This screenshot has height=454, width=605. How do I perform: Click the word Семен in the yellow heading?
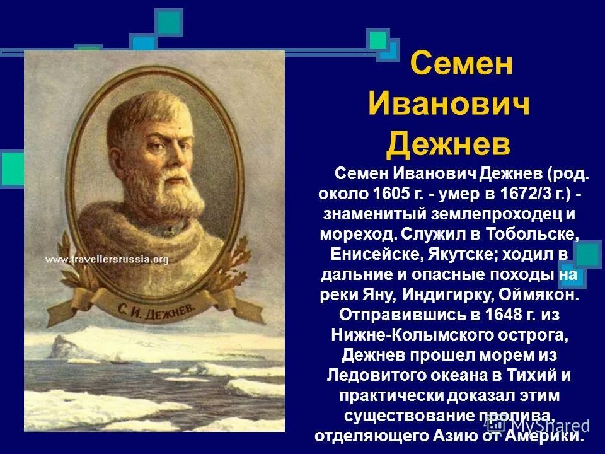point(461,64)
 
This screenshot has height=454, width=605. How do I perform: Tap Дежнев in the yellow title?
point(448,144)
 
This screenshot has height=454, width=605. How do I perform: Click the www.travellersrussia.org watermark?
point(107,259)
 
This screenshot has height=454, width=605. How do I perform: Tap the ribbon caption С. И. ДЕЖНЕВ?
point(148,309)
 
